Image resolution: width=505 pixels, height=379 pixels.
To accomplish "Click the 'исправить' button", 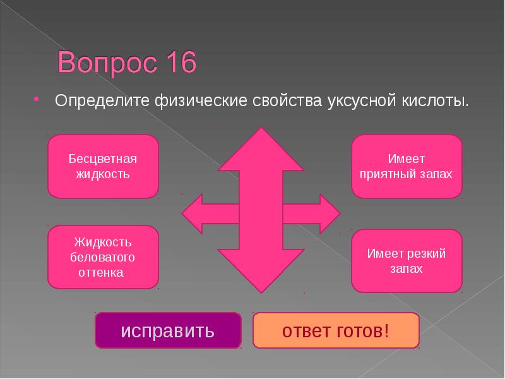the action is tap(168, 330).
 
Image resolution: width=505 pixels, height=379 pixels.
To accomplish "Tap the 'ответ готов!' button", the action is tap(336, 330).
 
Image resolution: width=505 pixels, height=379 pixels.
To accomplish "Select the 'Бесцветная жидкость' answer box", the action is tap(103, 166).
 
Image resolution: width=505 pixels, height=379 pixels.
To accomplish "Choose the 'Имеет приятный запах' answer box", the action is tap(407, 166).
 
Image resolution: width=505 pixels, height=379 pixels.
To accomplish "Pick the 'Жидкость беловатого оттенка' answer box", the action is tap(103, 258).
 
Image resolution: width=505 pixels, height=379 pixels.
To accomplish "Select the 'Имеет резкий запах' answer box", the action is tap(407, 261).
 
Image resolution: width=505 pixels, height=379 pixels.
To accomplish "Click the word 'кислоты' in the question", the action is tap(436, 101).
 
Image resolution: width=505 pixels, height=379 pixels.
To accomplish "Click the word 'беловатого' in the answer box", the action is tap(103, 258).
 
